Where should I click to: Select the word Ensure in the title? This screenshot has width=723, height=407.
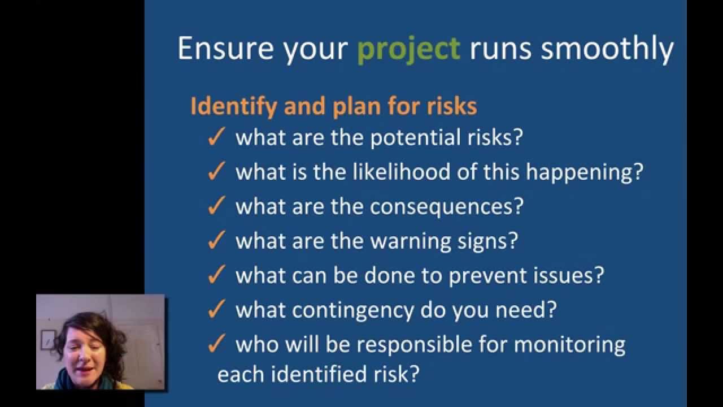[227, 48]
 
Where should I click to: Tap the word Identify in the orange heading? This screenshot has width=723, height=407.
[233, 107]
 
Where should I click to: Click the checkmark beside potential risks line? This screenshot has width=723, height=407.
[216, 138]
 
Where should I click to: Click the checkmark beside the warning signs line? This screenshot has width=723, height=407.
[216, 241]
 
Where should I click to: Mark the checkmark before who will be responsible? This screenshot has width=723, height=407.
[216, 345]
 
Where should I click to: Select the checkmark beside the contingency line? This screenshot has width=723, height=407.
[216, 310]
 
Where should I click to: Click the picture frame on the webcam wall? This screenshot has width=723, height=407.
[48, 339]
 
